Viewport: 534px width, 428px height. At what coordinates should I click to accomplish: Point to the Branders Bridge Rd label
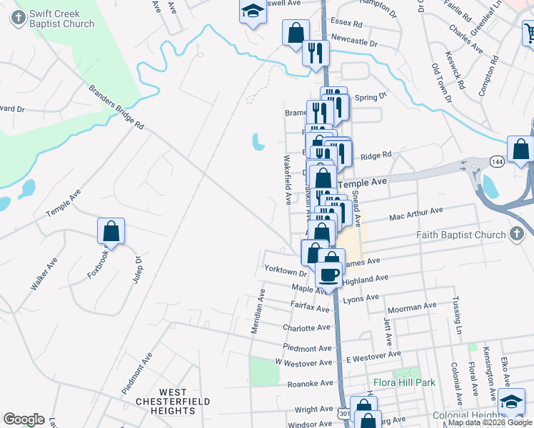[116, 108]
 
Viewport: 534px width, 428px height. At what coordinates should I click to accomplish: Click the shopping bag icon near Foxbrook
[111, 231]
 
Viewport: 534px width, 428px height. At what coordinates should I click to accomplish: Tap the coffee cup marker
[329, 273]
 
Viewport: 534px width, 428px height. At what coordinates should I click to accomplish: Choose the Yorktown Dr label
[285, 271]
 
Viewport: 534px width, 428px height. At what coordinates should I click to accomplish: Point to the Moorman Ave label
[410, 306]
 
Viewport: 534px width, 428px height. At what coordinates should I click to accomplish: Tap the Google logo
[24, 419]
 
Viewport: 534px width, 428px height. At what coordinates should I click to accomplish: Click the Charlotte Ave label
[307, 328]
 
